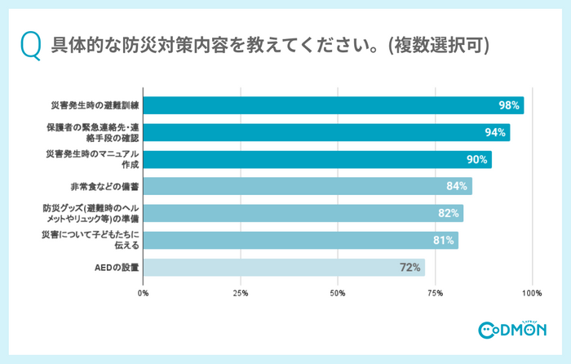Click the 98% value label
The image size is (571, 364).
tap(510, 106)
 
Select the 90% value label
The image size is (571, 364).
tap(477, 160)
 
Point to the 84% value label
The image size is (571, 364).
tap(457, 186)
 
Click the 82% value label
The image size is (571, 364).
tap(449, 213)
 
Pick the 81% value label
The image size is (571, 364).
tap(444, 240)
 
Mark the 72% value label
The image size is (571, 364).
tap(409, 267)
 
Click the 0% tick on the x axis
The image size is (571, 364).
tap(144, 292)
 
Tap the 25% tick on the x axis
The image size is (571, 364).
tap(241, 292)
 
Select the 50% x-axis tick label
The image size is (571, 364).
tap(338, 292)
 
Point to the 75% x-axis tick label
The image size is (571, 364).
tap(435, 292)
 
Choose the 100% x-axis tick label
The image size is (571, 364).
tap(532, 292)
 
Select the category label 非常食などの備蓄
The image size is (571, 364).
tap(105, 186)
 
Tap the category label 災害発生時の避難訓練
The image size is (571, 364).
tap(95, 106)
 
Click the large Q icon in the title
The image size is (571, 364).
tap(29, 45)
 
